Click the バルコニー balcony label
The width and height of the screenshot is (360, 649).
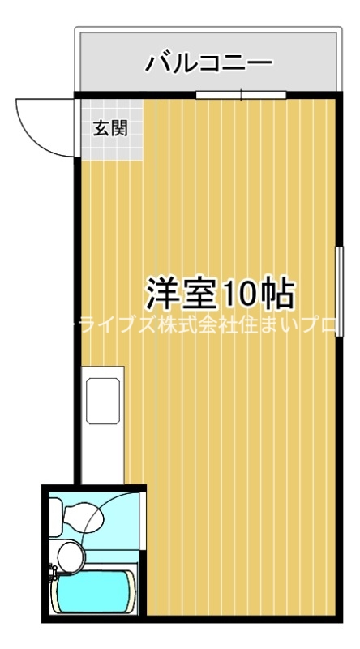coord(208,62)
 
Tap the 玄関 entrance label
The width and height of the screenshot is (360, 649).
coord(109,127)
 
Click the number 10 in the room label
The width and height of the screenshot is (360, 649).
coord(241,294)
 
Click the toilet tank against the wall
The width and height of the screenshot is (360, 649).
coord(55,514)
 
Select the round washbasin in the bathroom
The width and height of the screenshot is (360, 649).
coord(70,557)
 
